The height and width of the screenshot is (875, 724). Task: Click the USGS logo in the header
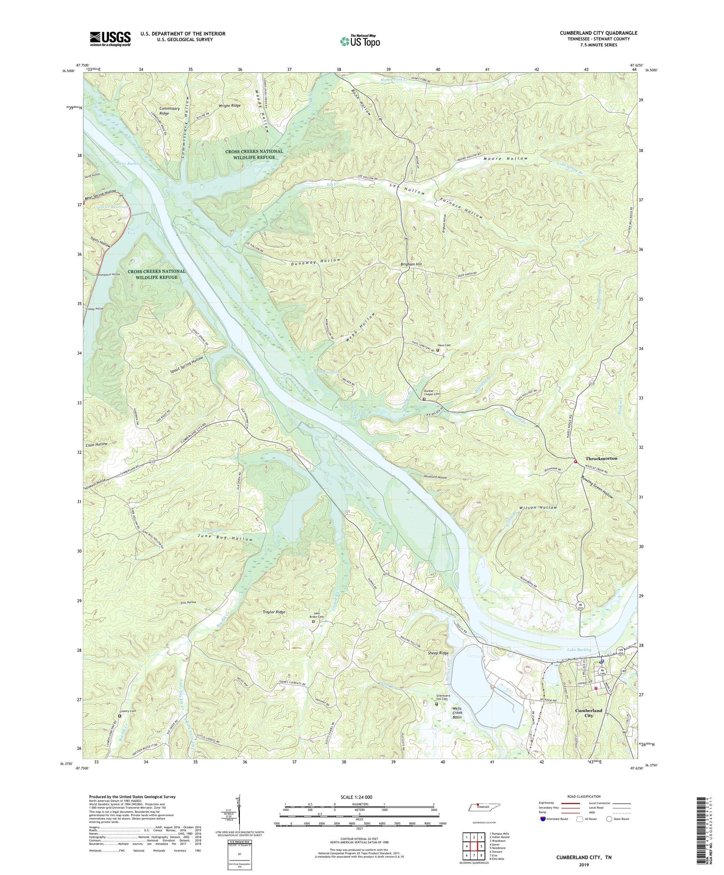coord(110,39)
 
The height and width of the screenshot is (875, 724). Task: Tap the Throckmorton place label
coord(601,458)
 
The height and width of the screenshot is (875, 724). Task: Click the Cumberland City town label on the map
coord(588,713)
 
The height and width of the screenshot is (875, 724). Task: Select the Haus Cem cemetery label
coord(444,345)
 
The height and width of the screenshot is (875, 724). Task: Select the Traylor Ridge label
coord(274,612)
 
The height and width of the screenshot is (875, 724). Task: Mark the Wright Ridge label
coord(229,105)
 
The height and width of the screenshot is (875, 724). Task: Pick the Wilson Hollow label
coord(538,507)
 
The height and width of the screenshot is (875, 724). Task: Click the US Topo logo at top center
coord(359,41)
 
